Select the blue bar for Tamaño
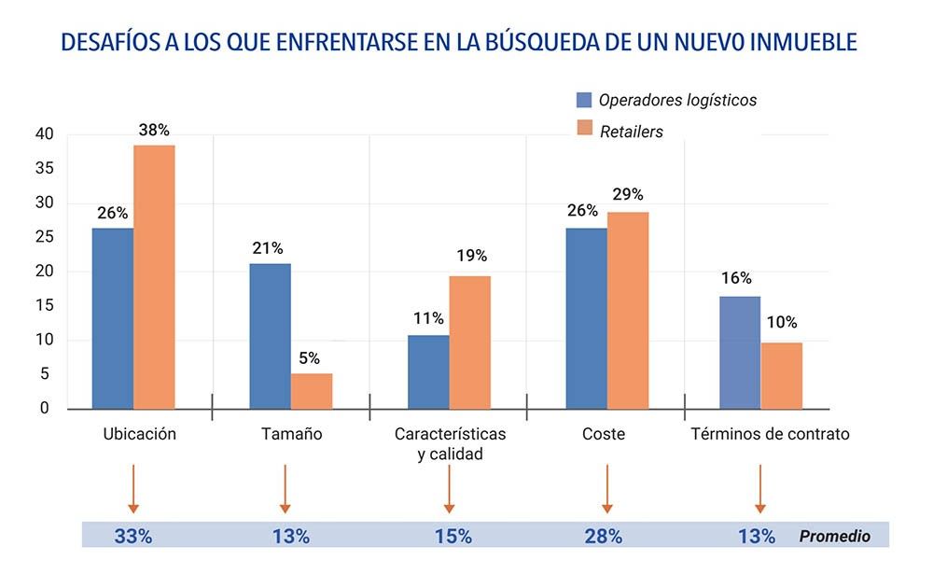point(270,336)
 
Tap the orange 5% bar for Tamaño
point(312,391)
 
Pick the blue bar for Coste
point(586,318)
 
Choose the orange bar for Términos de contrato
point(782,375)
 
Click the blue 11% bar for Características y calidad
point(428,371)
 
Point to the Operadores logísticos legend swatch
point(585,101)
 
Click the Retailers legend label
point(631,132)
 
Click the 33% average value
point(133,537)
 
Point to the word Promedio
point(834,537)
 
